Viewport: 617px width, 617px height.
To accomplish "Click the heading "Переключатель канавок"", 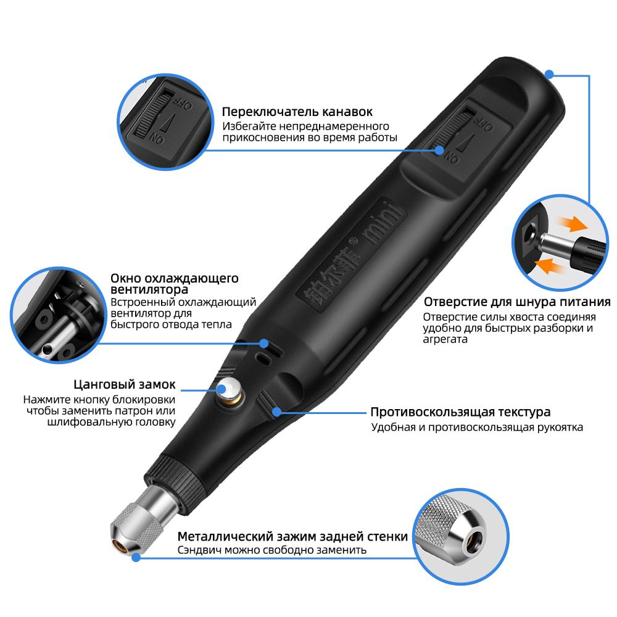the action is pyautogui.click(x=297, y=112).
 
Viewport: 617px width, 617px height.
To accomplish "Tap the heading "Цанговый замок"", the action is pyautogui.click(x=125, y=384).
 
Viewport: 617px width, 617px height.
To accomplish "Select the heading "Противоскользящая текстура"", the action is pyautogui.click(x=460, y=412).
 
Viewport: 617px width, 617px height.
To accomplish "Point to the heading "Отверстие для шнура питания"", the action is pyautogui.click(x=517, y=302).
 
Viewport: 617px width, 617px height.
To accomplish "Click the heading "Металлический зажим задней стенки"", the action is pyautogui.click(x=292, y=536).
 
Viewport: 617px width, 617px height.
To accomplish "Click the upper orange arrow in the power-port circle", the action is pyautogui.click(x=574, y=224).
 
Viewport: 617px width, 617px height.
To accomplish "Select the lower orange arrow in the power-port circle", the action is pyautogui.click(x=550, y=266).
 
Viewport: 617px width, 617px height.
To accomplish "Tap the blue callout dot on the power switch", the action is pyautogui.click(x=439, y=151).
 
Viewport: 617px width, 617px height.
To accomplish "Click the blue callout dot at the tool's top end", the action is pyautogui.click(x=549, y=74).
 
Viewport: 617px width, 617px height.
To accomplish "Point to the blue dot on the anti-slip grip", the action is pyautogui.click(x=277, y=412).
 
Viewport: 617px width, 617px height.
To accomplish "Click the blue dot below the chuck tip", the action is pyautogui.click(x=136, y=557).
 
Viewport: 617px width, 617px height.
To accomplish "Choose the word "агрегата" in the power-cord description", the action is pyautogui.click(x=445, y=340).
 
